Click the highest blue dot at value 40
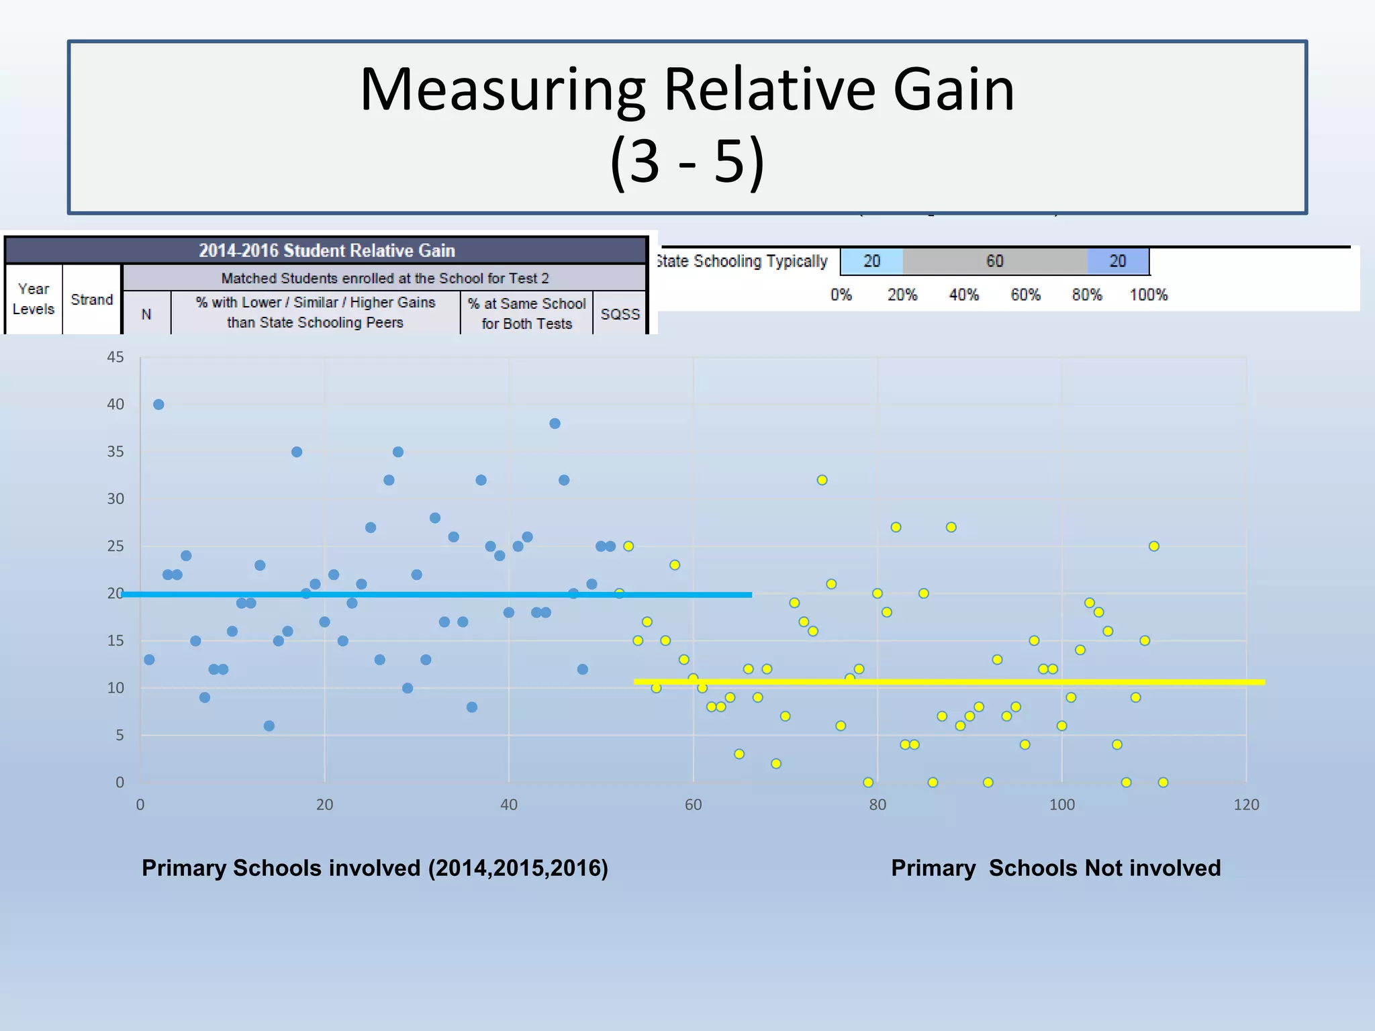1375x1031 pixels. coord(158,404)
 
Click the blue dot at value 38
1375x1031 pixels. coord(555,424)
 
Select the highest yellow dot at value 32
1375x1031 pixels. coord(822,480)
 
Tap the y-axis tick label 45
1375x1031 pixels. coord(115,357)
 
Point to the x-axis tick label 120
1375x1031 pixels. coord(1246,805)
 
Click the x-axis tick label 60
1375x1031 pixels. coord(693,805)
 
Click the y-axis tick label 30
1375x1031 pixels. coord(115,499)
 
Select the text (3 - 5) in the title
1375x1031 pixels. coord(687,161)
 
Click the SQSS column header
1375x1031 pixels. coord(620,314)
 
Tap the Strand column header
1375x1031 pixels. coord(92,299)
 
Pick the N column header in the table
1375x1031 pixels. coord(146,314)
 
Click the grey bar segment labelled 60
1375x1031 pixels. coord(994,261)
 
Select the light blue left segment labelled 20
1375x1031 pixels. coord(871,261)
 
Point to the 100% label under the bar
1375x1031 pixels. coord(1148,295)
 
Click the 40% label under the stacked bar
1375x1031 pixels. coord(963,295)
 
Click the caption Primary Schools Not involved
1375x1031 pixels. coord(1055,868)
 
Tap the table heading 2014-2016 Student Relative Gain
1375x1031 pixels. coord(326,250)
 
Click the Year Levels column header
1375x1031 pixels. coord(34,299)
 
